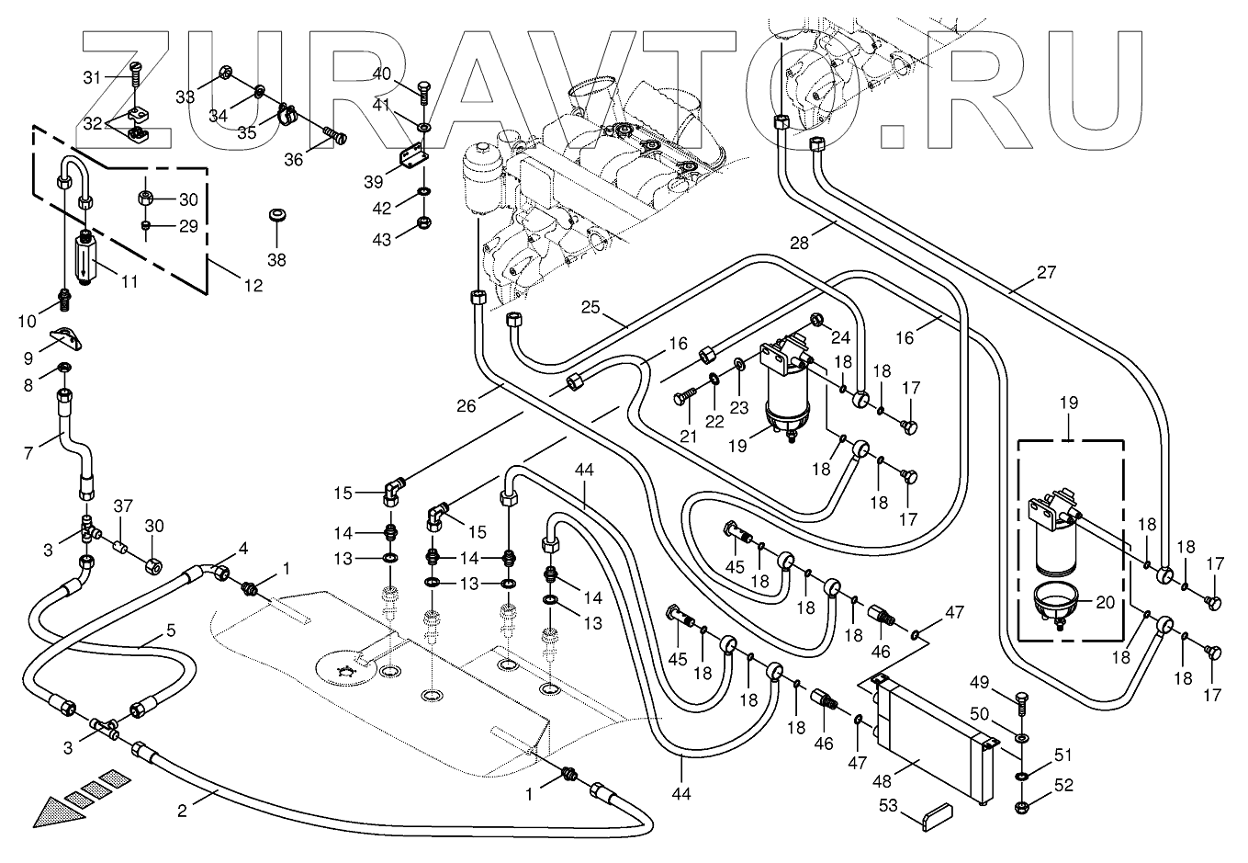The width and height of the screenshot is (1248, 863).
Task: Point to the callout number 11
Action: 129,281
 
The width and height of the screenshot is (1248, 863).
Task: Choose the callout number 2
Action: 182,811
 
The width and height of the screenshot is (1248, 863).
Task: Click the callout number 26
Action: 467,404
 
